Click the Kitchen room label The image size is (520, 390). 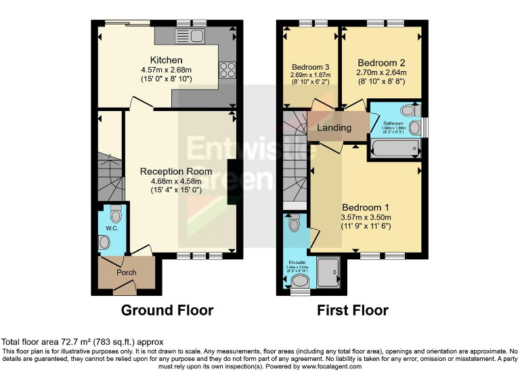[167, 60]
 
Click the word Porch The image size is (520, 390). [127, 272]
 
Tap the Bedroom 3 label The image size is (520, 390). [310, 67]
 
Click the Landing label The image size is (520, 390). [334, 127]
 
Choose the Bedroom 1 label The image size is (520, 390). [366, 207]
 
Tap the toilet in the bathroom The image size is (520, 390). [408, 110]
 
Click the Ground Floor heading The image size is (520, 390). [167, 310]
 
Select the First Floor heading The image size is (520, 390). [353, 310]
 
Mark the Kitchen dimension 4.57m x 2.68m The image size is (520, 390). [167, 70]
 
